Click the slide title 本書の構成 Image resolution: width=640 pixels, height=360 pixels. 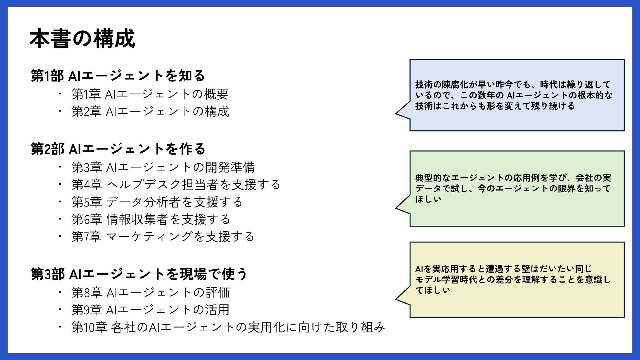(82, 39)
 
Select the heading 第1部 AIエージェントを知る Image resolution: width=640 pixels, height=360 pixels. (118, 76)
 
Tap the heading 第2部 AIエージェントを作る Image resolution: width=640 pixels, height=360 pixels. (118, 149)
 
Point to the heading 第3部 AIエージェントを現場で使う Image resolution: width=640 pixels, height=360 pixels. (139, 274)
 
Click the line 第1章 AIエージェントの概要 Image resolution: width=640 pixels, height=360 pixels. (150, 94)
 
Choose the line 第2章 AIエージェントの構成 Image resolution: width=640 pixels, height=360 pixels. (150, 111)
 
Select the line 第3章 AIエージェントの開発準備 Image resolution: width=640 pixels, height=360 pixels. (163, 167)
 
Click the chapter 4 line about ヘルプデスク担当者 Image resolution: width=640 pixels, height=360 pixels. (176, 185)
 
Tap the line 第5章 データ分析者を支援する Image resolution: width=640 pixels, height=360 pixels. (157, 202)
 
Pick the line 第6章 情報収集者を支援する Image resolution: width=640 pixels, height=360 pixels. (151, 219)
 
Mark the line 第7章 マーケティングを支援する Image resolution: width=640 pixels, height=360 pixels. (163, 237)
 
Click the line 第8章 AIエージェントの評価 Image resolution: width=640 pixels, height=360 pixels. (151, 293)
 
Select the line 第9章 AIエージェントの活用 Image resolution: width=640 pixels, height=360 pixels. (151, 310)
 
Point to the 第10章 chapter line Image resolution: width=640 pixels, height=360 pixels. (228, 327)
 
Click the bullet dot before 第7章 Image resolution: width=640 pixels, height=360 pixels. (60, 236)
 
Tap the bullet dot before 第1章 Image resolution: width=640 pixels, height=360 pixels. (60, 94)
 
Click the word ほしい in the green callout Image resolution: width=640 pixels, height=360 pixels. (428, 199)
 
